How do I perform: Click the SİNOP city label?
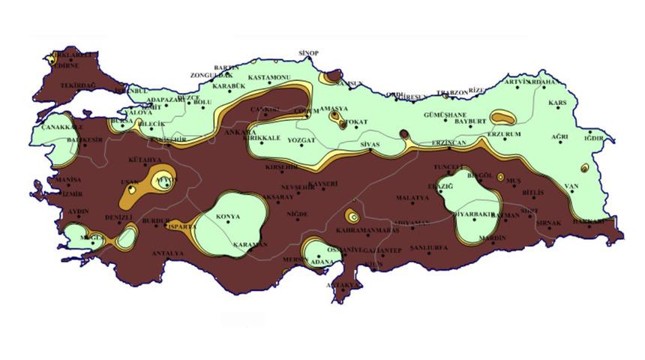[308, 53]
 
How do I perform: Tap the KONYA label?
[228, 217]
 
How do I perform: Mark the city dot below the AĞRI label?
[559, 145]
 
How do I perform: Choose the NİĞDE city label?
[298, 214]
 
